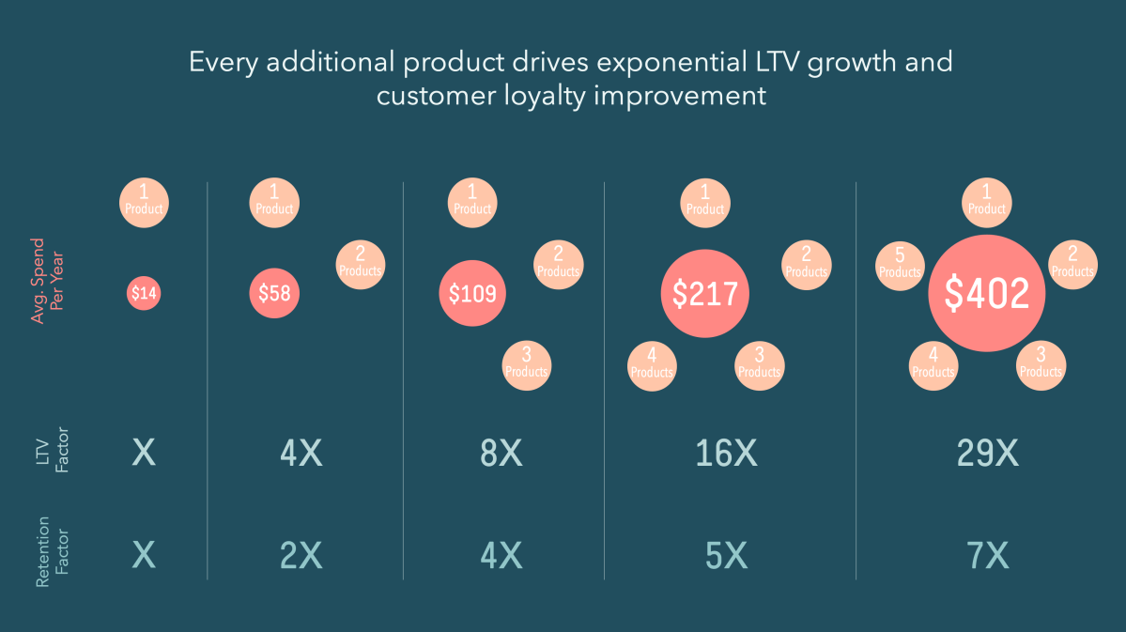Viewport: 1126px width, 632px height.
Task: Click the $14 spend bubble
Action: point(144,294)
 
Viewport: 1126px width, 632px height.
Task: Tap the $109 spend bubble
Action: point(472,294)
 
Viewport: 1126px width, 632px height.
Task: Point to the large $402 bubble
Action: point(986,294)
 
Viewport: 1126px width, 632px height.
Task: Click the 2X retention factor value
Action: point(301,557)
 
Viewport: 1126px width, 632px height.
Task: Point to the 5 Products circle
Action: point(900,266)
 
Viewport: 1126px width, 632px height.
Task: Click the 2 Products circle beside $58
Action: point(361,265)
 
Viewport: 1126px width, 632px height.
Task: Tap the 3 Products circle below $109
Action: point(526,366)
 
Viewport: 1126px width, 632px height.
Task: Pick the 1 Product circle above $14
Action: point(144,202)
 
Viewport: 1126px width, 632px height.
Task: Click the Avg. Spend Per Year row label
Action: point(47,292)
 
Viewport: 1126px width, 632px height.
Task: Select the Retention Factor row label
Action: point(52,557)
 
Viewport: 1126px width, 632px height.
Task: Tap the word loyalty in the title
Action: point(543,96)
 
